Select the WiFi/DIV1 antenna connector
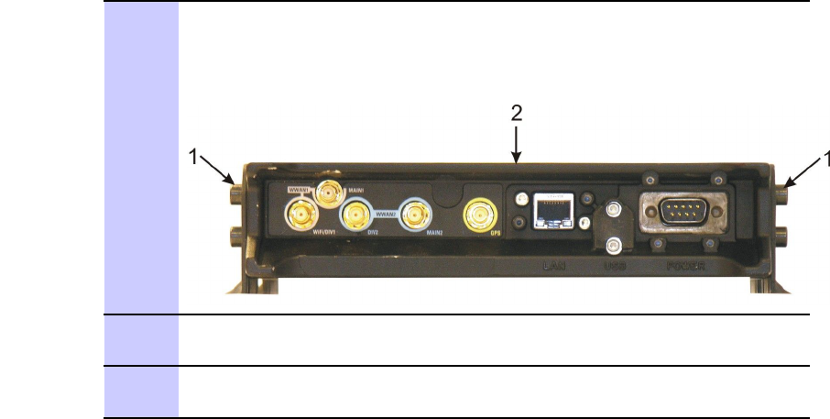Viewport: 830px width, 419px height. click(300, 216)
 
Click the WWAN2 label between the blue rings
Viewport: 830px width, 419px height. click(386, 214)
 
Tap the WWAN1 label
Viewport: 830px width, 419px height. click(299, 190)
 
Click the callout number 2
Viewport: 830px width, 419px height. click(517, 114)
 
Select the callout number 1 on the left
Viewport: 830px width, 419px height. click(193, 158)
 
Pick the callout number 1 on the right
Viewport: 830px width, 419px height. click(821, 159)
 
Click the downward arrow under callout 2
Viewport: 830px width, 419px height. click(517, 147)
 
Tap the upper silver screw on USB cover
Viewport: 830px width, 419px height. click(614, 211)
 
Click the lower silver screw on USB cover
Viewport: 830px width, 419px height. click(614, 244)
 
